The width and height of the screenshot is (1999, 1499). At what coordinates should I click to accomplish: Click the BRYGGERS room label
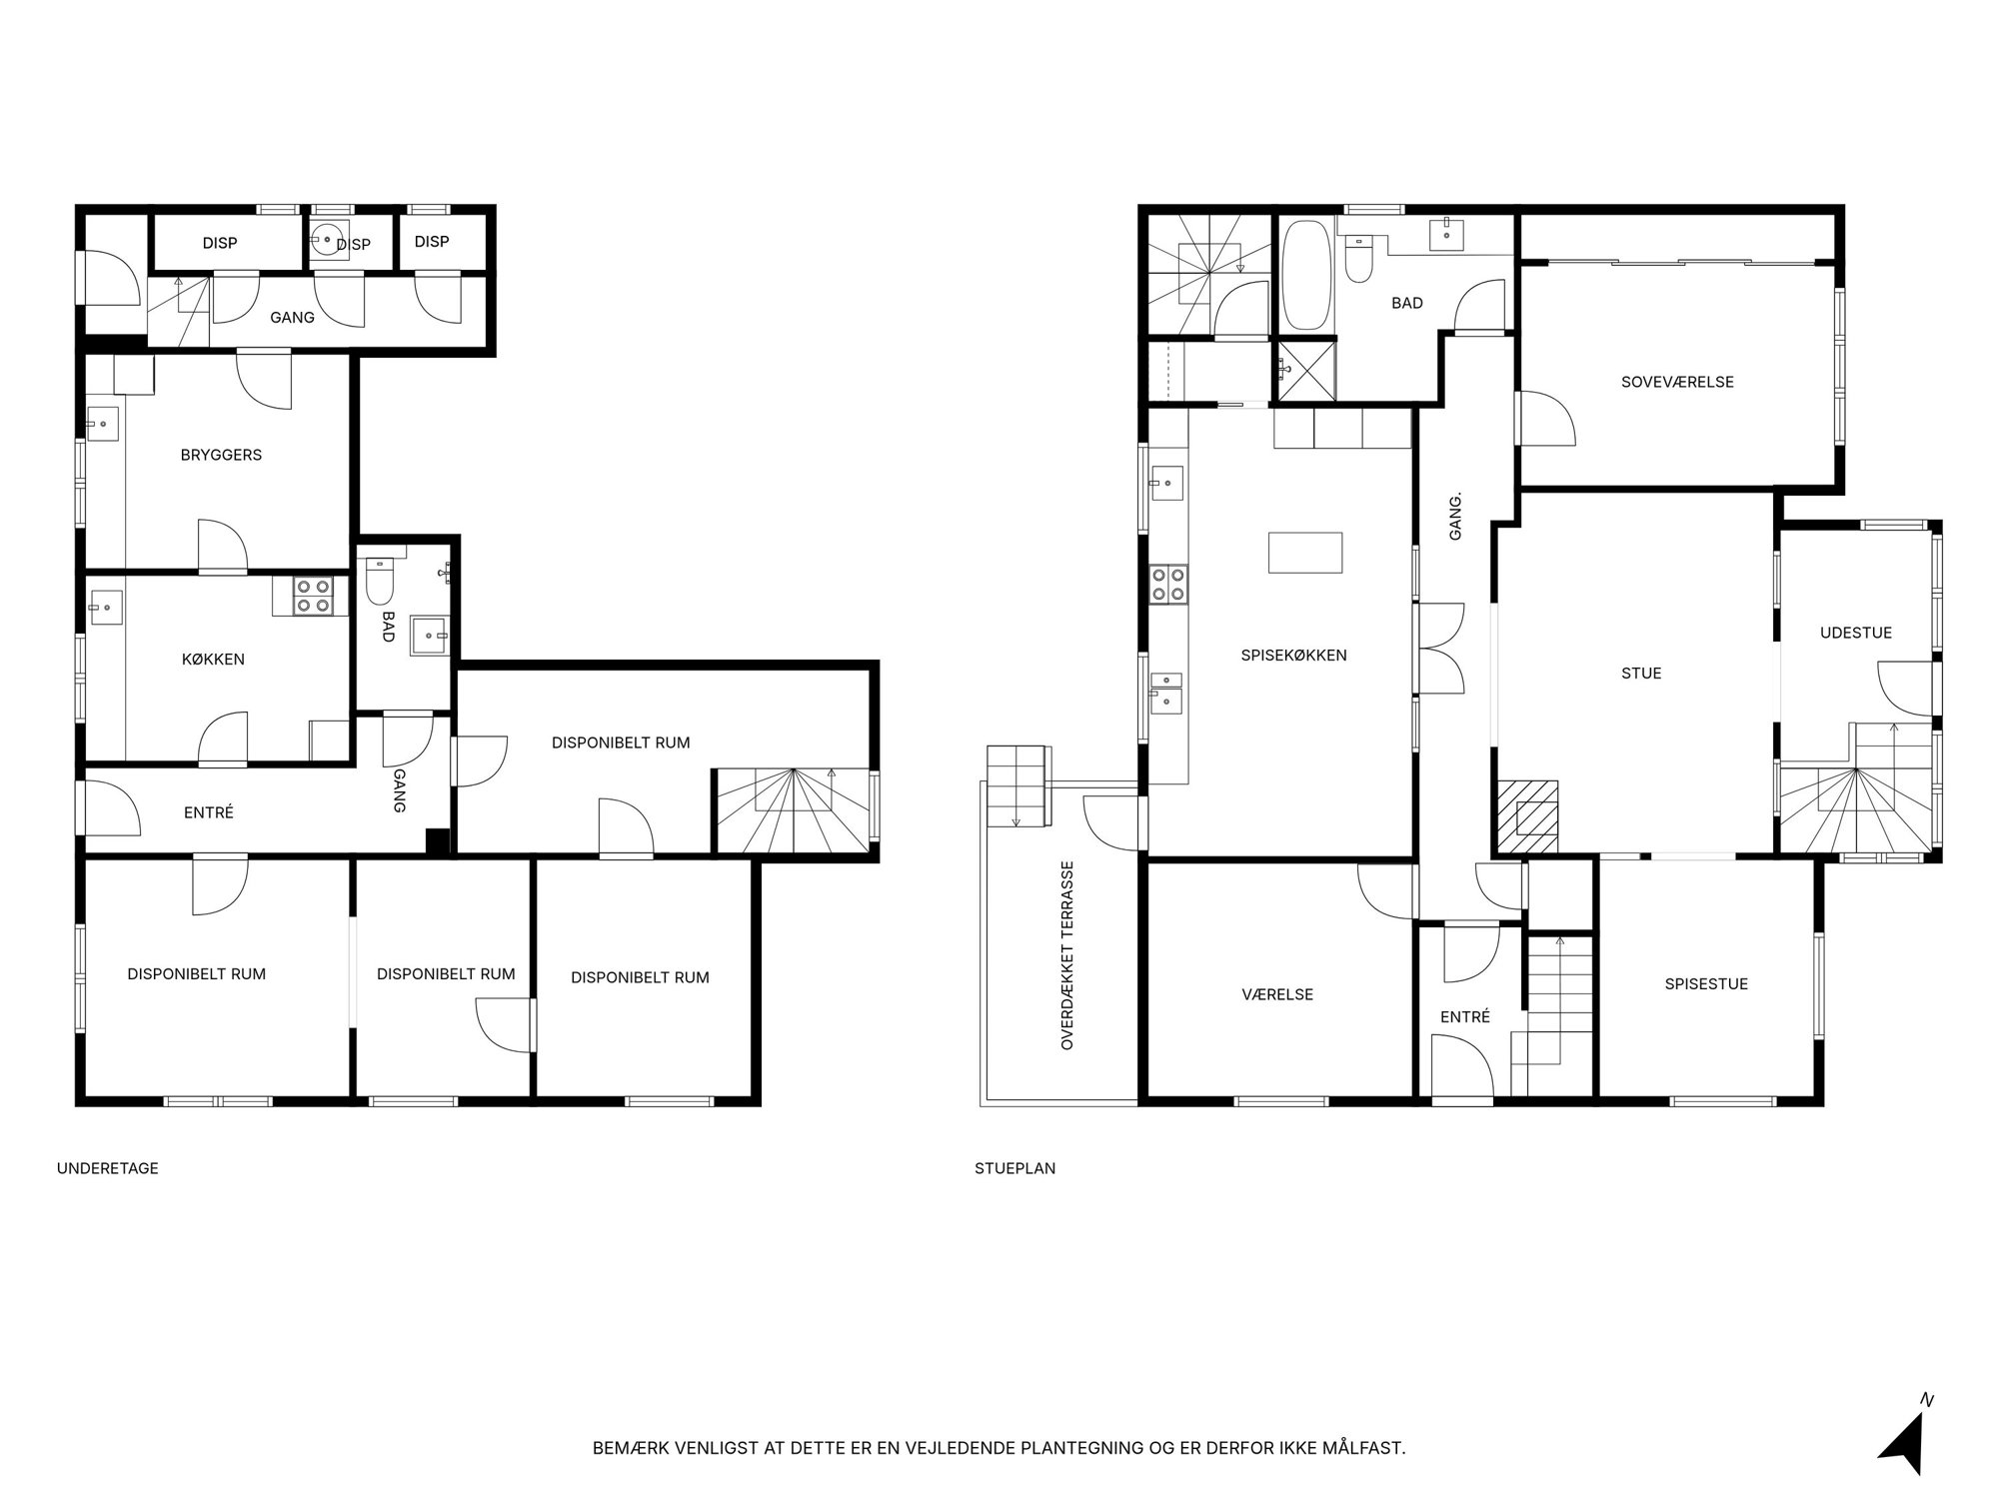[221, 455]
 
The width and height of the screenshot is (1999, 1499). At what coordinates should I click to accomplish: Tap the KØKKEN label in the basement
[213, 660]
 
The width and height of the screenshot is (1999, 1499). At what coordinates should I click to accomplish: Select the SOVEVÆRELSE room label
[1677, 382]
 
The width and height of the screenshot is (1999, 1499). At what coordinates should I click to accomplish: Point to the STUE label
[1641, 674]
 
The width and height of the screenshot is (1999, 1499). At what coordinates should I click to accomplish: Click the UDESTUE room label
[1856, 633]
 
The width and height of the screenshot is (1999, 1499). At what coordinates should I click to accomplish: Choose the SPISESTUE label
[1706, 984]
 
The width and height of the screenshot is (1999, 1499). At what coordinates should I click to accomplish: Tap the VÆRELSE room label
[1277, 994]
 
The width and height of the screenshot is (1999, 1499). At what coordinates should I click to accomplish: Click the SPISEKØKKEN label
[1293, 656]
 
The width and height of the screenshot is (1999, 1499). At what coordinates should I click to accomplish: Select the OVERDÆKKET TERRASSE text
[1067, 955]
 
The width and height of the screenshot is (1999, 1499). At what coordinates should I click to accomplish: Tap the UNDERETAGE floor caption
[108, 1168]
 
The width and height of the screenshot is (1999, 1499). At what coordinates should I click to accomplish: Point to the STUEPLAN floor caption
[1015, 1168]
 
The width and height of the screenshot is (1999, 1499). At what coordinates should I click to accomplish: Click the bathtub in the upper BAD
[1306, 275]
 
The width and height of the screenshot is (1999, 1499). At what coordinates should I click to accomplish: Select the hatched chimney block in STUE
[1527, 816]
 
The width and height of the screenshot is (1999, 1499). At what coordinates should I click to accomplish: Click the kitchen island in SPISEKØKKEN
[1305, 553]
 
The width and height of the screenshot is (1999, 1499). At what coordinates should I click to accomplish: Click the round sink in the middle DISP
[327, 240]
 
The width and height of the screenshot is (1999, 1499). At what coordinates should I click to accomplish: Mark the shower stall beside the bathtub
[1306, 371]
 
